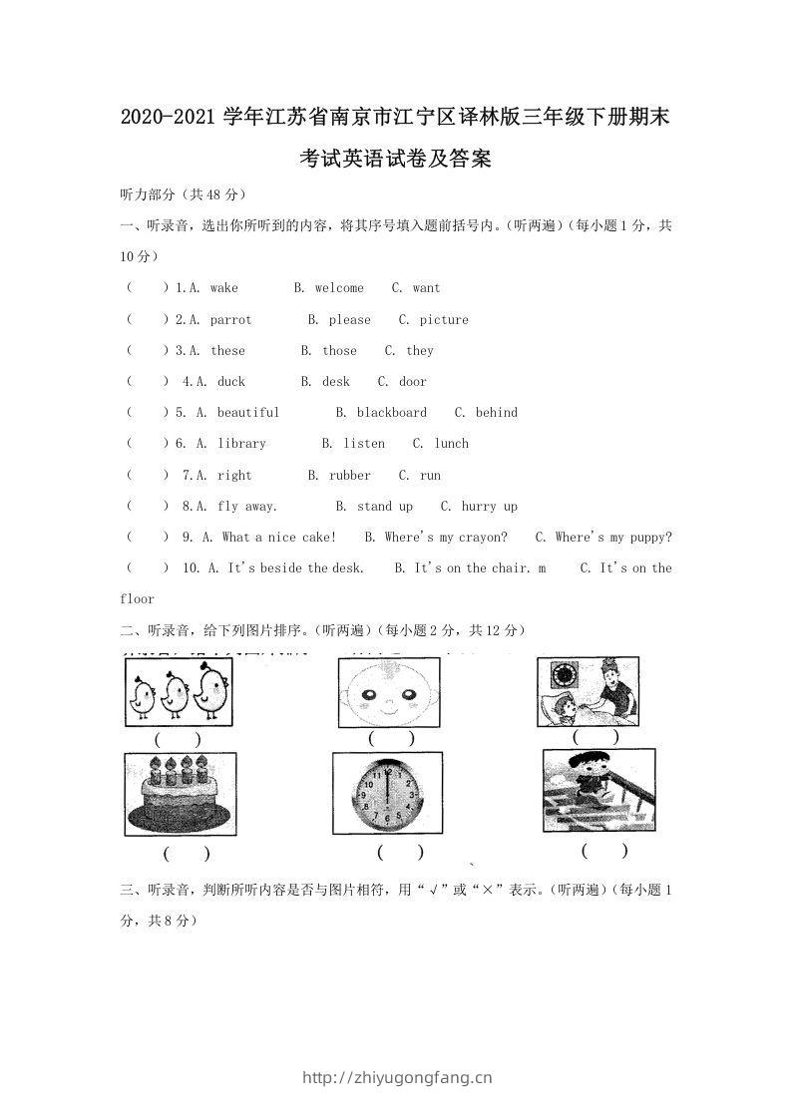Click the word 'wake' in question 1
[224, 288]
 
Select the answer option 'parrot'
[230, 320]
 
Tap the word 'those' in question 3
[339, 351]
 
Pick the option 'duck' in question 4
[230, 382]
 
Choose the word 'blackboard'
[391, 413]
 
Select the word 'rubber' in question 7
[349, 476]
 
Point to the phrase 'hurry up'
[489, 507]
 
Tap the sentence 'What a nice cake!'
[279, 538]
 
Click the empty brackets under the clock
[400, 854]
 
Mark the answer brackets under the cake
[187, 855]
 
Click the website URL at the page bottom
[396, 1077]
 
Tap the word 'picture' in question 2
[444, 320]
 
